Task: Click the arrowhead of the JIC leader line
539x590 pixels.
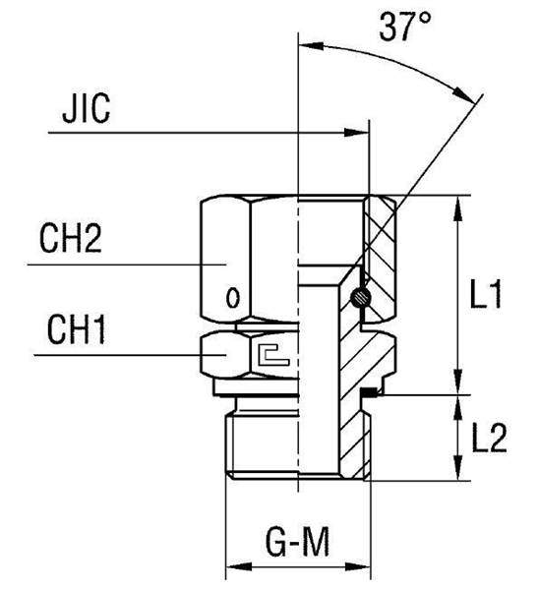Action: coord(360,131)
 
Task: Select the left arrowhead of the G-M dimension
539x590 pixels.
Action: coord(236,567)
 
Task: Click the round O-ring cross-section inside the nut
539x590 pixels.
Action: coord(362,294)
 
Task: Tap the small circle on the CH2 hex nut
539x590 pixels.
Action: coord(232,295)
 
